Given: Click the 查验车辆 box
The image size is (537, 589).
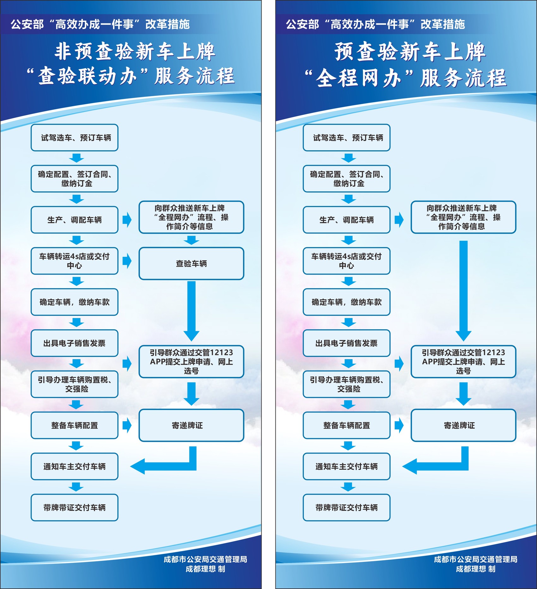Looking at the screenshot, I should click(x=191, y=263).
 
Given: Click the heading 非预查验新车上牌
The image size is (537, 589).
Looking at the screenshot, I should click(x=135, y=51).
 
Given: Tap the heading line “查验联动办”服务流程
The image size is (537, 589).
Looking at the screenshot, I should click(x=130, y=76).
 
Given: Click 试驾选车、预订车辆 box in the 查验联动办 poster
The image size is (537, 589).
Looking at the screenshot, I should click(x=75, y=138).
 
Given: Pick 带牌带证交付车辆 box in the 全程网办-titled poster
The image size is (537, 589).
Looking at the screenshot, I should click(x=347, y=507).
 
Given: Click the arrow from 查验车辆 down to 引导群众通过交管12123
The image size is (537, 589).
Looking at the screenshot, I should click(x=191, y=310).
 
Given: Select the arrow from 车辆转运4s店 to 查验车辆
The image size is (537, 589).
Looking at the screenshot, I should click(x=127, y=261).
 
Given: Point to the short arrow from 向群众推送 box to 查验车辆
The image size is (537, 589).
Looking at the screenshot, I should click(x=191, y=240).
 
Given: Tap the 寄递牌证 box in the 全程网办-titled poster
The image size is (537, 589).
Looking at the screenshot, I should click(x=463, y=425).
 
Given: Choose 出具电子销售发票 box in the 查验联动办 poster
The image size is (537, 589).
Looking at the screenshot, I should click(x=75, y=343).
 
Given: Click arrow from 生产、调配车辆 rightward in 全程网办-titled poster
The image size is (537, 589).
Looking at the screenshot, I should click(x=399, y=220).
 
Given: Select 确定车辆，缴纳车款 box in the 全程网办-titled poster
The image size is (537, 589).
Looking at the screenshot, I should click(x=347, y=302).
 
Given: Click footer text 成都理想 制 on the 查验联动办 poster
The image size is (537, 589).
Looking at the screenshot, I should click(x=205, y=569).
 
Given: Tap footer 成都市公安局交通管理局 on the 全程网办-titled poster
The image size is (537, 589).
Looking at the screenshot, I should click(x=475, y=559).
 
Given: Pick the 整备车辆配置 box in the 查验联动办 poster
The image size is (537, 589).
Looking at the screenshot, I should click(x=75, y=425).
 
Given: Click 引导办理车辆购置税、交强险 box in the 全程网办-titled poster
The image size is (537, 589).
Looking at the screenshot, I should click(x=347, y=384).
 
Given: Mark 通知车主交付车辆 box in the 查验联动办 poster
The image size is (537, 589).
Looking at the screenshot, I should click(x=75, y=466).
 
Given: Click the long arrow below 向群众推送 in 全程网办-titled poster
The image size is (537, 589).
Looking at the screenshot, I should click(x=463, y=289).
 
